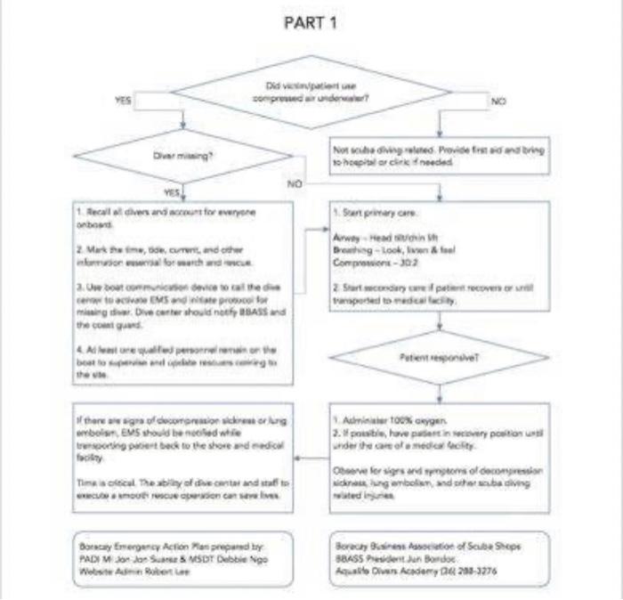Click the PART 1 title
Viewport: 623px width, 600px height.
(x=311, y=22)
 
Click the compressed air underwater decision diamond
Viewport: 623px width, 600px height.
(x=311, y=92)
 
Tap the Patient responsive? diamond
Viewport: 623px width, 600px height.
(x=439, y=357)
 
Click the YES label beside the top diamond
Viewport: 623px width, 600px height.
(x=124, y=101)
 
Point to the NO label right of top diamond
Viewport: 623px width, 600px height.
(x=498, y=101)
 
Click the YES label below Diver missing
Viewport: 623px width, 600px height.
(x=172, y=192)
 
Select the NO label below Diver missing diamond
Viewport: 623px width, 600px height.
(x=295, y=184)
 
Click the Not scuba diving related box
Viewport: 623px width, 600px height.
(x=439, y=157)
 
